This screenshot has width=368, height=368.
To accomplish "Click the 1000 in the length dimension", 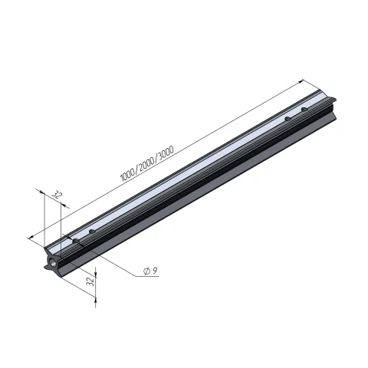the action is point(128,173).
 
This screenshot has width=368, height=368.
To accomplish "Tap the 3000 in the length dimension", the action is point(166,153).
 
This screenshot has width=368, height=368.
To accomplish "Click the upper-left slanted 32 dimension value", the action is point(58,195).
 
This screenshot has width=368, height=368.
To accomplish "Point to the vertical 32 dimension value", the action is point(91,282).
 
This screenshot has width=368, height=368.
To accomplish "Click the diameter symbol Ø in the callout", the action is point(146,271).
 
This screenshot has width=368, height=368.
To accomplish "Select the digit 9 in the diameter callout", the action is point(155,271).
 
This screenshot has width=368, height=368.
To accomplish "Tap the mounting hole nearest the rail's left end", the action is point(76,241).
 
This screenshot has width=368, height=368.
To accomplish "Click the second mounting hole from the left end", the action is point(92,232).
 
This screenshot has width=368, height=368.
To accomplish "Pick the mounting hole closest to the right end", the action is point(304,110).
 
